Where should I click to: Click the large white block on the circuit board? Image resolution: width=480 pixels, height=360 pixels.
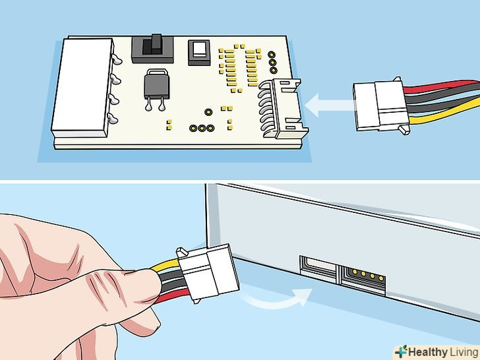coord(82,88)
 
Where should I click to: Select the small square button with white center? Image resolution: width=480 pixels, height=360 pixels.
coord(199,52)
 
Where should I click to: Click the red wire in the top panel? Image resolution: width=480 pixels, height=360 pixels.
coord(441,86)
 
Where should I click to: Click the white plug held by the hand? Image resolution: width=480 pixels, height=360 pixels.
coord(208,272)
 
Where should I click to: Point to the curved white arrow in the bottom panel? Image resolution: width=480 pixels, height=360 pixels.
coord(277,299)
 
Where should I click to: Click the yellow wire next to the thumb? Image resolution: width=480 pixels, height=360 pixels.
coord(165,265)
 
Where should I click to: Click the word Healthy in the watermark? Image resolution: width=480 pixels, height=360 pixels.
coord(427,352)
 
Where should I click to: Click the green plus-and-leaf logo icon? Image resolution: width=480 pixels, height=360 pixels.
coord(401,351)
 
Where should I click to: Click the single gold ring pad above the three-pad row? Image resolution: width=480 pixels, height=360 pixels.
coord(208,112)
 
